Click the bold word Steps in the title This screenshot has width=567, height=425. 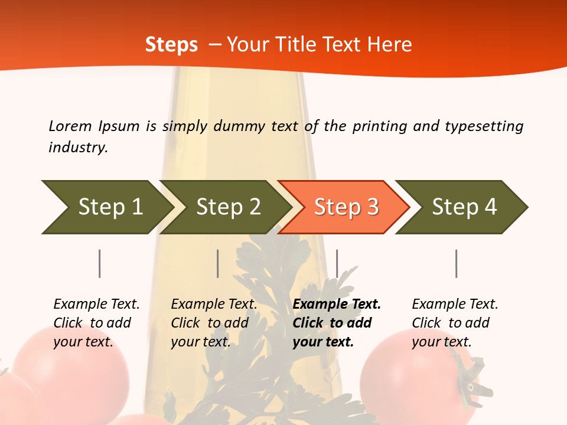tap(171, 45)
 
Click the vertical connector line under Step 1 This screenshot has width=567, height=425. tap(100, 263)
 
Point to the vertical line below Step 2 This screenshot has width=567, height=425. tap(218, 263)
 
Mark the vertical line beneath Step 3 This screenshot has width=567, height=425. tap(337, 263)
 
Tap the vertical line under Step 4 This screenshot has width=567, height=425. tap(456, 263)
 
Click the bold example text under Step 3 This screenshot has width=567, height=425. tap(337, 323)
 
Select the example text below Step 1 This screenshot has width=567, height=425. tap(96, 323)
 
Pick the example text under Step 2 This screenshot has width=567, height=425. tap(214, 323)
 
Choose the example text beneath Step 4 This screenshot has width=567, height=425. tap(455, 323)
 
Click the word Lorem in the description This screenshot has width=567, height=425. tap(70, 126)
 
